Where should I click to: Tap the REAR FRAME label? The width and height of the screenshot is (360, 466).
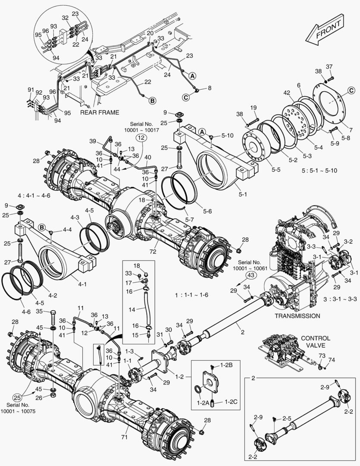(x=100, y=112)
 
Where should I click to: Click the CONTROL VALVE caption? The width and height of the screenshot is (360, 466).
(x=316, y=342)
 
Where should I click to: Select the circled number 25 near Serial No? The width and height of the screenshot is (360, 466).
(x=17, y=398)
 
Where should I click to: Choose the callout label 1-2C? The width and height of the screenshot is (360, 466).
(x=226, y=402)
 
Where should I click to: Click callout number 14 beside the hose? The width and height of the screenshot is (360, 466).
(x=131, y=309)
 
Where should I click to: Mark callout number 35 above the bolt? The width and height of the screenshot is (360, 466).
(x=39, y=311)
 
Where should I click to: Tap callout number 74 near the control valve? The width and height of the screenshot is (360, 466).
(x=332, y=359)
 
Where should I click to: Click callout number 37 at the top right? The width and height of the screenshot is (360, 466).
(x=329, y=66)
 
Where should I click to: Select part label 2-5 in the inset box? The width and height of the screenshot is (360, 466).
(x=287, y=419)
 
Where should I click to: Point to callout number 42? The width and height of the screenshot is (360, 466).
(x=286, y=92)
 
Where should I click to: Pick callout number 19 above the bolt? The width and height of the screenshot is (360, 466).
(x=253, y=107)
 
